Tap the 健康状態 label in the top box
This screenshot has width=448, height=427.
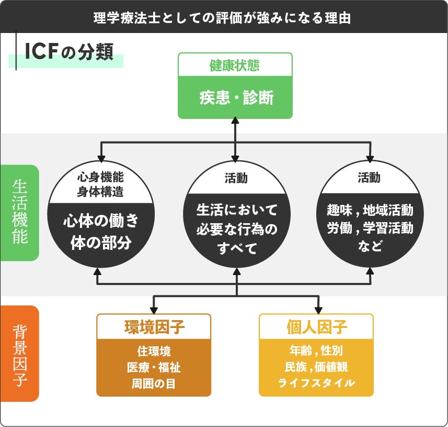235,65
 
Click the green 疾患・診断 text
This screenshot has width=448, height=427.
235,98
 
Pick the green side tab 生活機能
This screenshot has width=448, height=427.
20,212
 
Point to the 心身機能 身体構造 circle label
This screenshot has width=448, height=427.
100,184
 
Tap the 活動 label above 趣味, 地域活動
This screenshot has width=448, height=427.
369,178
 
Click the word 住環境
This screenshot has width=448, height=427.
154,351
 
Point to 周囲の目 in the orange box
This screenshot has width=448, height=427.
154,383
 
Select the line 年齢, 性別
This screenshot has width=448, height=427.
316,351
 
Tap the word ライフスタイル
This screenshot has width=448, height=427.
316,383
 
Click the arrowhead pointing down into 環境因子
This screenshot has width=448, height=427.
154,310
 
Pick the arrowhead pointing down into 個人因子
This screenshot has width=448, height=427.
317,310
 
